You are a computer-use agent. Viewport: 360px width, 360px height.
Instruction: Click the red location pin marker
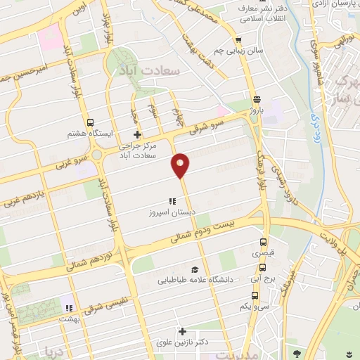[181, 165]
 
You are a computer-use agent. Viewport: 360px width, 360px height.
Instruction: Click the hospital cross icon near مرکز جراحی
[138, 134]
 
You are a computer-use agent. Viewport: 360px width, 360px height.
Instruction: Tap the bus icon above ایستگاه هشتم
[90, 122]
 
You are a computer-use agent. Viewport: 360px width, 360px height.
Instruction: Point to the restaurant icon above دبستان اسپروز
[172, 201]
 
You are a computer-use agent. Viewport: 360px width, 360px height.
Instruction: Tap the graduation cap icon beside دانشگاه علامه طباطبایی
[195, 269]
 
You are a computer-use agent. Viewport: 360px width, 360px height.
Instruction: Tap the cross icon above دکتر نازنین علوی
[183, 331]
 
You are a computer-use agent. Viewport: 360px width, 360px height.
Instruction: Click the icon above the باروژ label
[257, 99]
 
